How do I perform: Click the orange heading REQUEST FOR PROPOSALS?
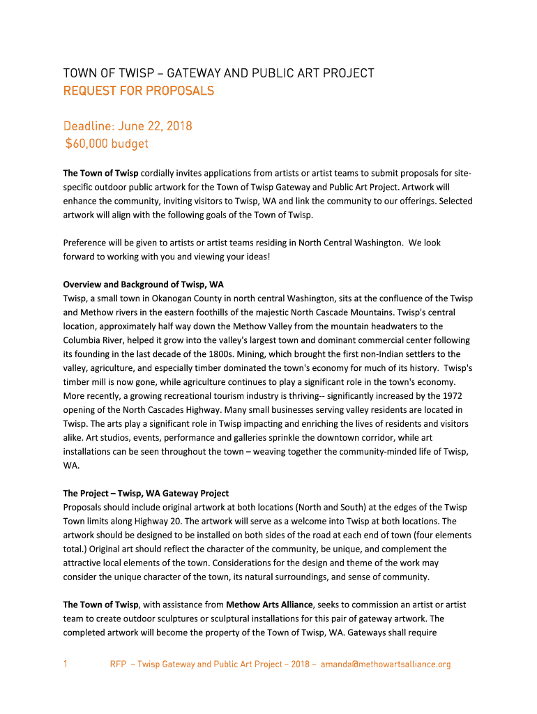click(139, 91)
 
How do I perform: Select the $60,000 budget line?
click(106, 144)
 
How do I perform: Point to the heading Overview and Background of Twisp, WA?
click(143, 284)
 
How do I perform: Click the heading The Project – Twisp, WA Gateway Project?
click(146, 494)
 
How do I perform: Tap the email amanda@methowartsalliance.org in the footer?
click(385, 664)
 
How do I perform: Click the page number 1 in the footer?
click(66, 664)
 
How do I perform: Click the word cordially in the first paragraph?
click(159, 173)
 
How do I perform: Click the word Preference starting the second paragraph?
click(85, 243)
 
